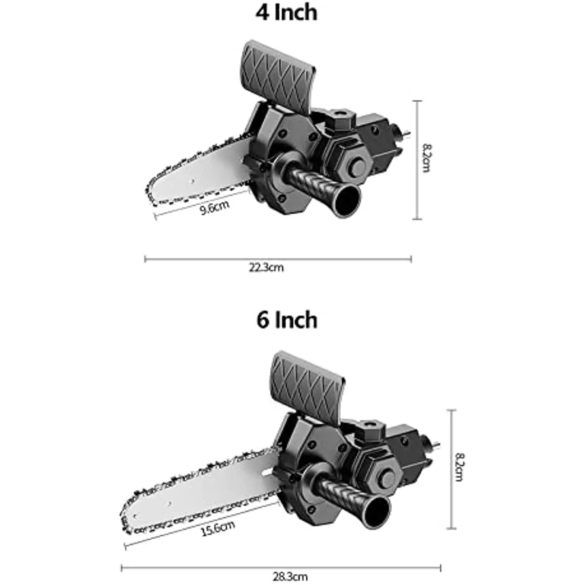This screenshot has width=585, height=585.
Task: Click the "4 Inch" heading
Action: click(286, 13)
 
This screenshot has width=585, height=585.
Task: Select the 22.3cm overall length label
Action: click(267, 268)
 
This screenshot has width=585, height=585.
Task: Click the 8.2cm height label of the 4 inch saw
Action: click(427, 158)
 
